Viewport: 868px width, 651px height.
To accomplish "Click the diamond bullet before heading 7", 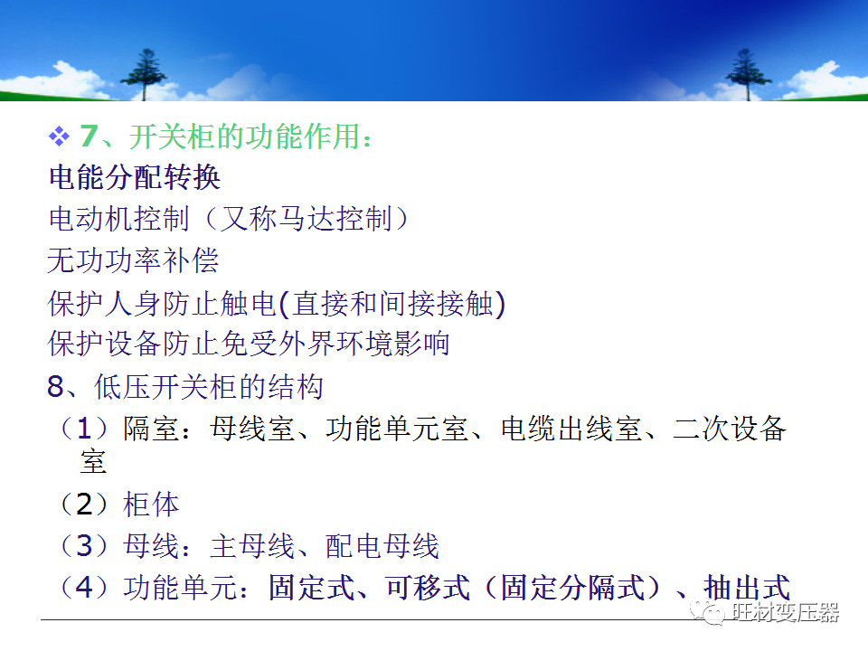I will pos(59,137).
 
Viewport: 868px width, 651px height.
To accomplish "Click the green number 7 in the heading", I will pos(88,137).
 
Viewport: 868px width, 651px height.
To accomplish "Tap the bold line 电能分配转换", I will pos(135,177).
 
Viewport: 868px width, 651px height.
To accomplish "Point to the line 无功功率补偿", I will pos(133,260).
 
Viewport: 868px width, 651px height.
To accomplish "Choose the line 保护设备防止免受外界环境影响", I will pos(249,344).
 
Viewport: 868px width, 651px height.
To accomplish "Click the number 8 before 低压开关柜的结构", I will pos(56,387).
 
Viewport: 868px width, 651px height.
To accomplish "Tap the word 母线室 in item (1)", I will pos(252,429).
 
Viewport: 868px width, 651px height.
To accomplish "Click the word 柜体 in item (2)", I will pos(151,505).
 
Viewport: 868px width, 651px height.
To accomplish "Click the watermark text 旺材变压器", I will pos(786,612).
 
